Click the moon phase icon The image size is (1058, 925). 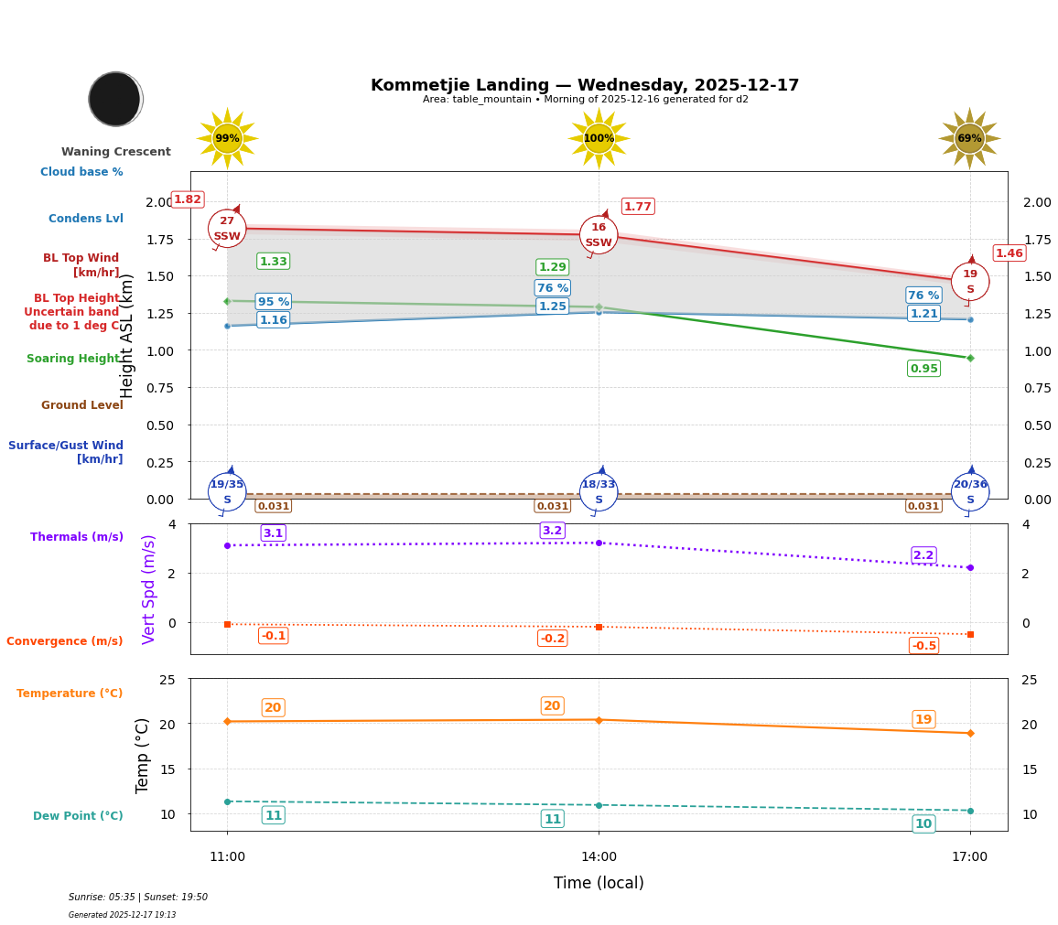115,99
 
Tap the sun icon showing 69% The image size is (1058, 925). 969,139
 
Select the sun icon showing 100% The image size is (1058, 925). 599,139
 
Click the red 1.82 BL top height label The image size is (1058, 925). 188,199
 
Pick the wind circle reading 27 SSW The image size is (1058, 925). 227,229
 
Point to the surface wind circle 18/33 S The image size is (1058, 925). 599,492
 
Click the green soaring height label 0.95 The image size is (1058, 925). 923,369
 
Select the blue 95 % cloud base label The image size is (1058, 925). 274,302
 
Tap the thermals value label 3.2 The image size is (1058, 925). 552,531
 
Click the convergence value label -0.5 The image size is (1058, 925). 923,646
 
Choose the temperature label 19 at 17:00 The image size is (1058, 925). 923,720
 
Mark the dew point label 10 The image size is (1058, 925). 923,824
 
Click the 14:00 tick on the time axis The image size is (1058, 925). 599,857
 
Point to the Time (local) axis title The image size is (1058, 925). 599,883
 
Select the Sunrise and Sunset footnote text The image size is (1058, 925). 138,898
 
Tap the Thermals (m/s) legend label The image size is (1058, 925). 77,537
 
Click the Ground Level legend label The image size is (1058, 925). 82,405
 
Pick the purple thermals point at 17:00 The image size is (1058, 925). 970,567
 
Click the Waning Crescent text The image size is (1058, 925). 116,152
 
